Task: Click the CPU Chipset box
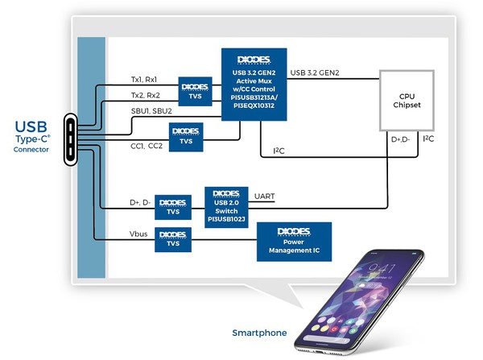click(407, 100)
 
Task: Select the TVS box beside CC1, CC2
click(186, 136)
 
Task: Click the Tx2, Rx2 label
click(145, 95)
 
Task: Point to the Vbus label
click(138, 234)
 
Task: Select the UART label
click(264, 197)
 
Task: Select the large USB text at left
click(31, 127)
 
